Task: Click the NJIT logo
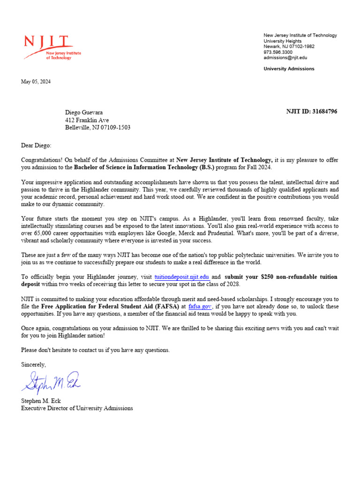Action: [52, 47]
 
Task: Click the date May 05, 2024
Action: [36, 82]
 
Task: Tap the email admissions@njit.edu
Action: [285, 58]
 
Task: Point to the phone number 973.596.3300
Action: [278, 52]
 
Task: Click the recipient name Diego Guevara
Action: [84, 112]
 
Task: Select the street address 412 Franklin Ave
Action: [87, 120]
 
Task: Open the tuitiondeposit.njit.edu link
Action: [182, 277]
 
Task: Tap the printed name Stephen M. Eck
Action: [41, 401]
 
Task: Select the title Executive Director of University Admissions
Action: [77, 408]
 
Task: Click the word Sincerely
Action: [34, 364]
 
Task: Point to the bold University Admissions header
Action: [289, 69]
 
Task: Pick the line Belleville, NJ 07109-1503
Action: [97, 127]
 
